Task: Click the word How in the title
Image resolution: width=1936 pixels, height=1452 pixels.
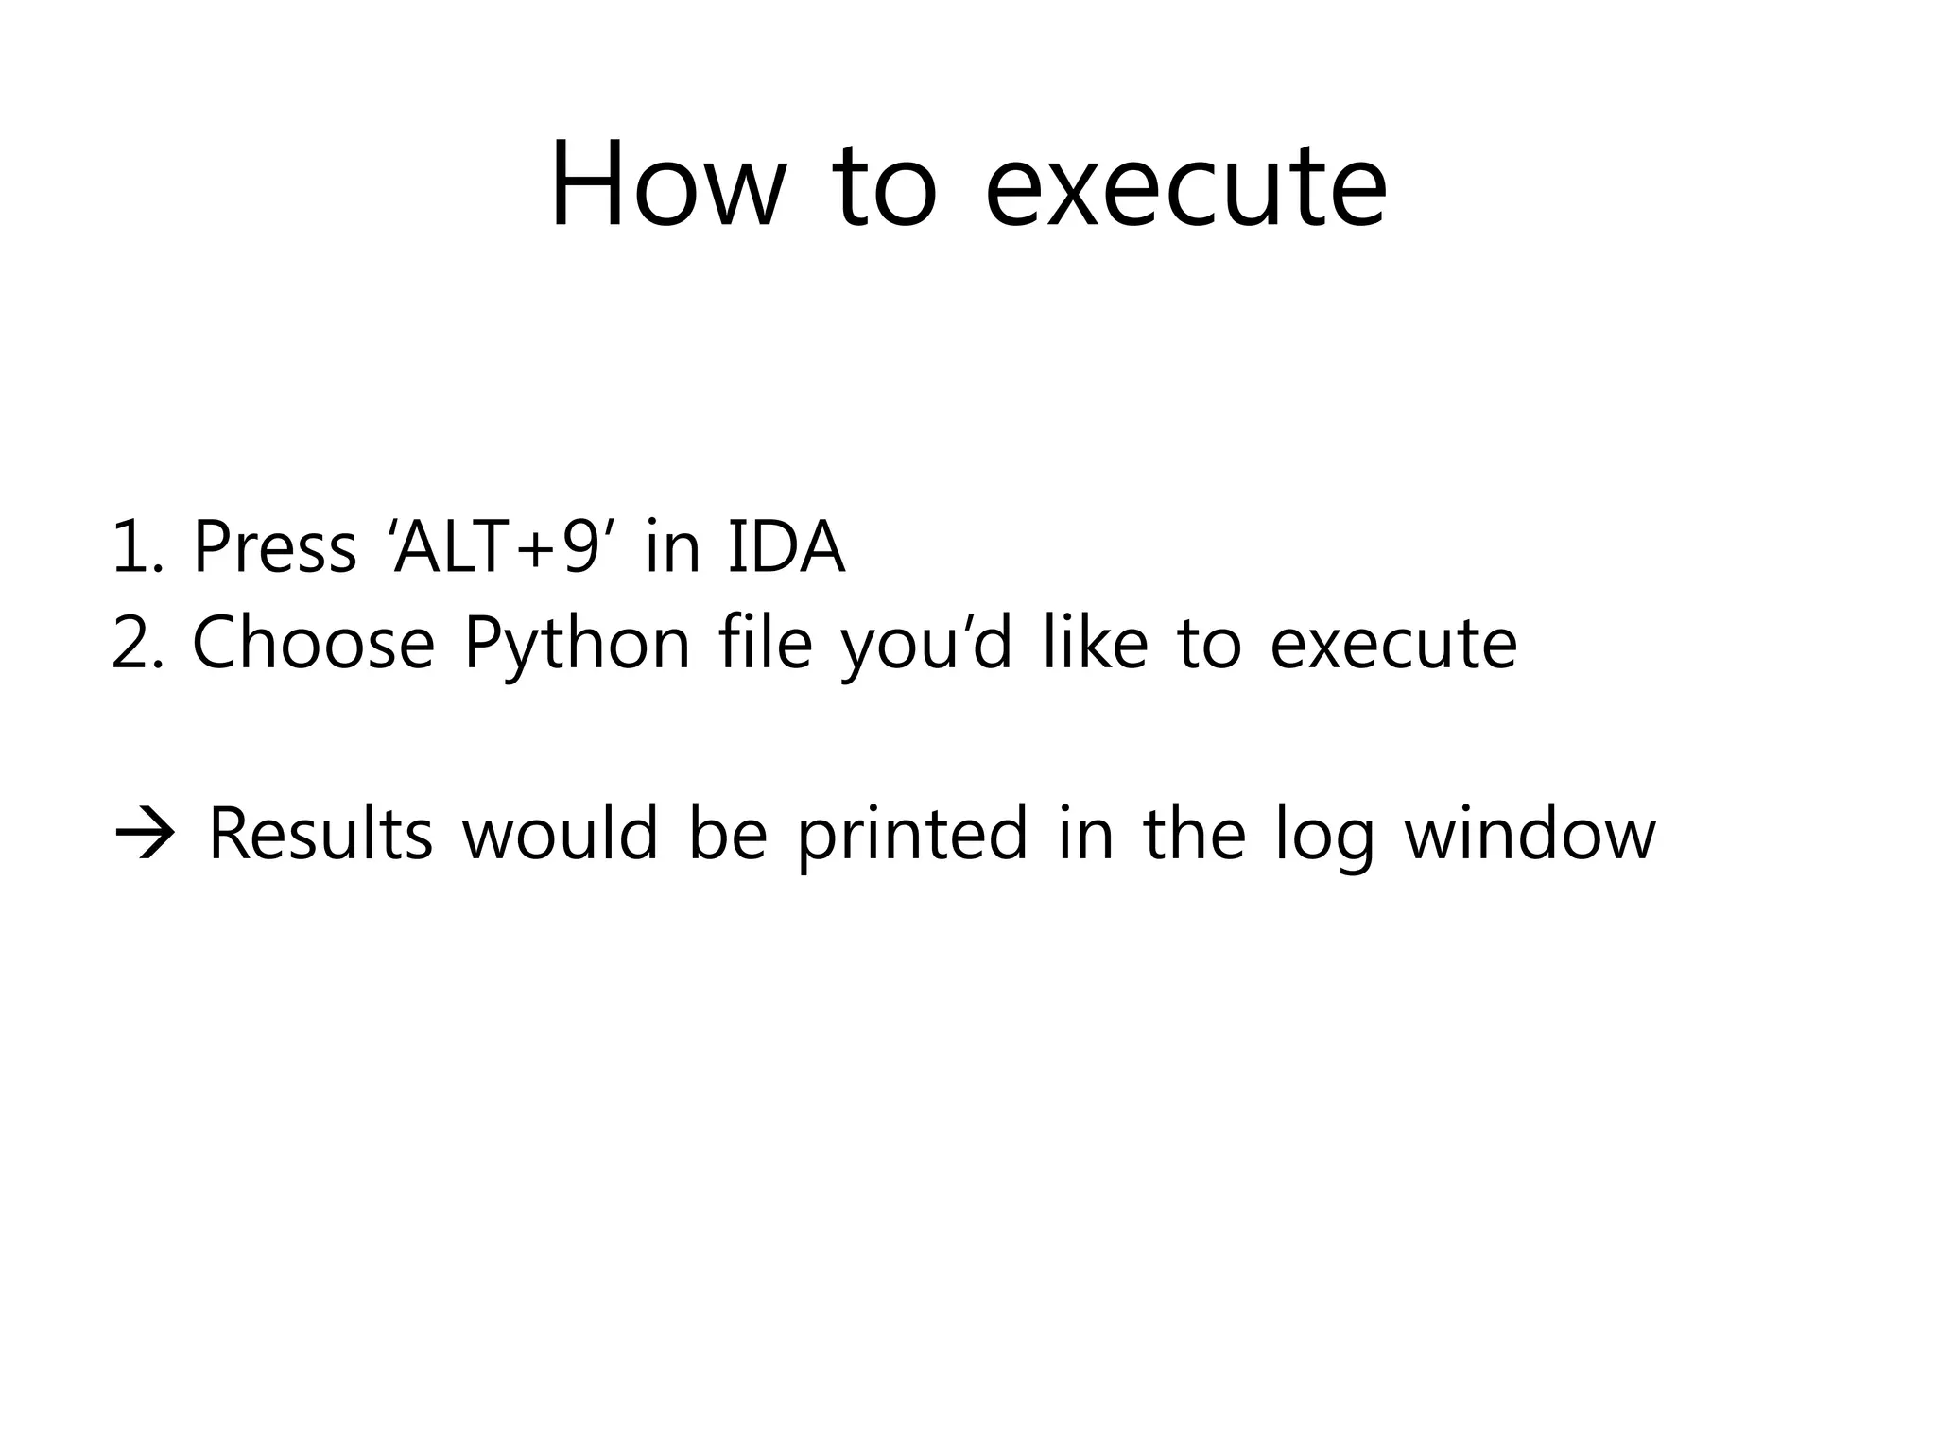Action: click(x=667, y=184)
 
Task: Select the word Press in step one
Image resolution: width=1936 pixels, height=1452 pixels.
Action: click(x=274, y=547)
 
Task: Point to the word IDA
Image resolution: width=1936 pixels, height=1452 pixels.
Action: click(x=786, y=547)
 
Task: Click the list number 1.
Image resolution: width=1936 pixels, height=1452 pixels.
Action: click(x=130, y=547)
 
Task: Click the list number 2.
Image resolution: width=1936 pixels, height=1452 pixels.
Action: click(x=131, y=644)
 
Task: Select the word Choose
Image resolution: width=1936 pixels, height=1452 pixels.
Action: click(x=313, y=644)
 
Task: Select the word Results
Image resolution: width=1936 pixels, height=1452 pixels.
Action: click(x=320, y=834)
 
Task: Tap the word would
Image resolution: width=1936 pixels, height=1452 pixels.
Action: click(x=560, y=834)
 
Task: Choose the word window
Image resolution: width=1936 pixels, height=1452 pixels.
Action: click(x=1530, y=834)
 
